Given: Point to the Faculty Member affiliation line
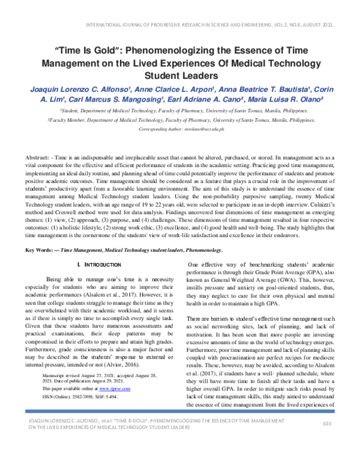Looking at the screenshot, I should tap(180, 120).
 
